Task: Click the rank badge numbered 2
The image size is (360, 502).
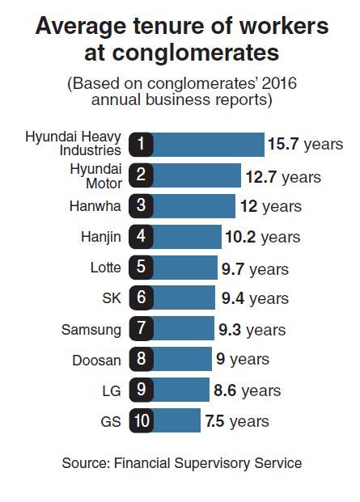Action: (141, 175)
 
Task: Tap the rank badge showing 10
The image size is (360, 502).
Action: (142, 420)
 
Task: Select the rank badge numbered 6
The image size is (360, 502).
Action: (142, 298)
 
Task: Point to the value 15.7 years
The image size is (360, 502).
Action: (305, 145)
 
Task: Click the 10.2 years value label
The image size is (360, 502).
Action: (263, 237)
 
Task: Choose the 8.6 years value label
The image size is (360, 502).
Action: (248, 391)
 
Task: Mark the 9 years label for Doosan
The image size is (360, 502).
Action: (243, 359)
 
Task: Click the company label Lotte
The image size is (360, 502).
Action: (106, 268)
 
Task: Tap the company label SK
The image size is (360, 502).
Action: (112, 298)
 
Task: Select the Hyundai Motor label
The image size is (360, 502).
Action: (95, 176)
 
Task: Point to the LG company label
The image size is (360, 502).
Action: (112, 391)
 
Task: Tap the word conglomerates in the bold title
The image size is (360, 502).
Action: (196, 53)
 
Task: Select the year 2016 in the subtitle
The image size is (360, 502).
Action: (279, 83)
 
